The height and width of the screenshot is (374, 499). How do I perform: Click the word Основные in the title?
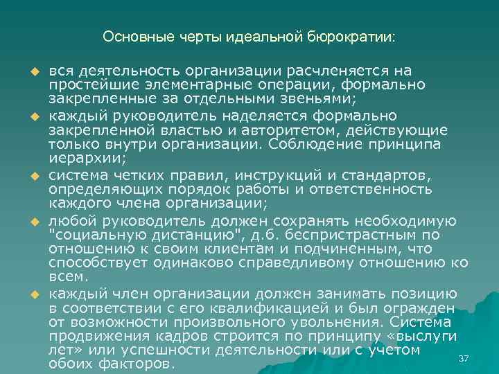click(129, 36)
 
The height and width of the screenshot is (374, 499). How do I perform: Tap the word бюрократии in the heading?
click(351, 36)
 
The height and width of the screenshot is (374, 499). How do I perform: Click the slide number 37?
click(464, 357)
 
